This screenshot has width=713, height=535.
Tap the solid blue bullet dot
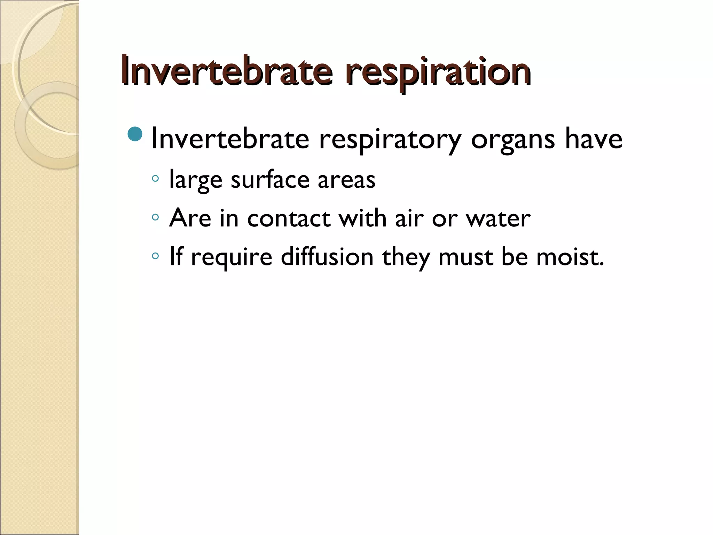(135, 134)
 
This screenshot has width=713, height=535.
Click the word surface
(270, 180)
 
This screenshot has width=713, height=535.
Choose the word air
(409, 219)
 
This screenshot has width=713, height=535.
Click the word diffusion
(327, 257)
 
